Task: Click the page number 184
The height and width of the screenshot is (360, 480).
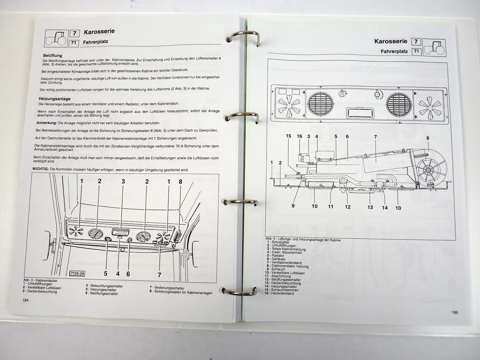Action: [25, 300]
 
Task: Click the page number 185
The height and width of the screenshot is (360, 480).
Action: [454, 312]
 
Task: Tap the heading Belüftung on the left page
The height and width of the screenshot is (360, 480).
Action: [52, 55]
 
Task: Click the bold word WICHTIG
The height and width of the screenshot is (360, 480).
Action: [40, 169]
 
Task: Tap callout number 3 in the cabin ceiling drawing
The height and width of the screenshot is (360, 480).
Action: [123, 181]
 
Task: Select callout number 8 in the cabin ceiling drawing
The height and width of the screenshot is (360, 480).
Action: [180, 182]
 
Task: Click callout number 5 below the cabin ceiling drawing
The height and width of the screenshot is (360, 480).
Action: [105, 274]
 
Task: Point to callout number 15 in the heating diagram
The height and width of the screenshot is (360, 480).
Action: [288, 136]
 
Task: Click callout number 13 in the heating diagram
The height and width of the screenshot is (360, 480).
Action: [370, 207]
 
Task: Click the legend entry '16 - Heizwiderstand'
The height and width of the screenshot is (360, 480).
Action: [279, 293]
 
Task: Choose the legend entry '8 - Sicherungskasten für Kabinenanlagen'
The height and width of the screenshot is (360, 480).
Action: [181, 293]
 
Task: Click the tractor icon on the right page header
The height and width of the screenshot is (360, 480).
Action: [435, 48]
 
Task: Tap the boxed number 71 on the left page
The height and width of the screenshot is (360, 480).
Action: [73, 43]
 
